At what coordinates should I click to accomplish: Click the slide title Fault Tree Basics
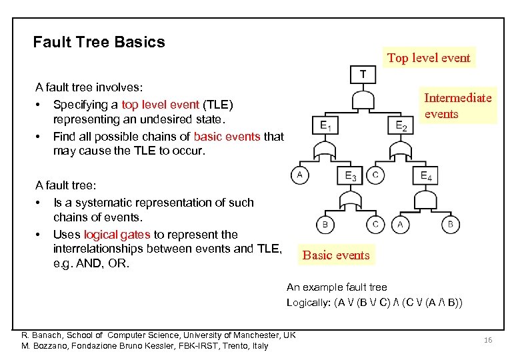99,42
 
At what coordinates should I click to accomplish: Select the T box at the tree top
363,73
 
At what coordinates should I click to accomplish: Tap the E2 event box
401,125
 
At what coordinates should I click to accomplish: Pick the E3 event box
350,175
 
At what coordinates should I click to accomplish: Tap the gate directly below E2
401,150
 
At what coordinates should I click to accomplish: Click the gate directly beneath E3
350,199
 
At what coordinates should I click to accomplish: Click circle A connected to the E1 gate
299,175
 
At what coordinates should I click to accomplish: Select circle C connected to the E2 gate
376,175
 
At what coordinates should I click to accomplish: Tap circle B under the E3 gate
325,225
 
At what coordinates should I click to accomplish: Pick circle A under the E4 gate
401,225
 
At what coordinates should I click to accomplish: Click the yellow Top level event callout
429,58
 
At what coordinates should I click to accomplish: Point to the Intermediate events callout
457,105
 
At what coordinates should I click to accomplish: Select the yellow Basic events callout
335,255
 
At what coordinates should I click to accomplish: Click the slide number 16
488,340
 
